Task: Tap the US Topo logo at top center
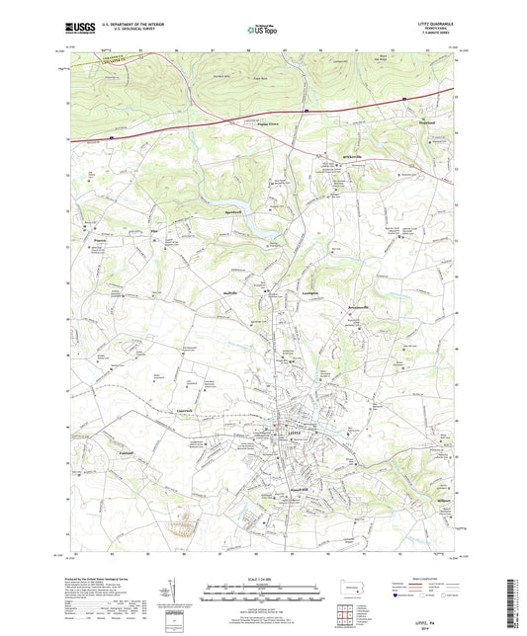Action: pos(261,32)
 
